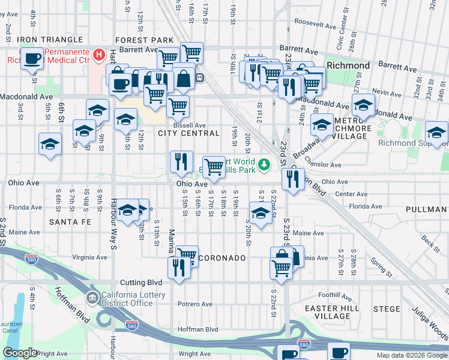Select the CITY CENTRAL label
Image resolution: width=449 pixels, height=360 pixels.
click(188, 133)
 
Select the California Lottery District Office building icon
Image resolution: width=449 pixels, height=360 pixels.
click(91, 298)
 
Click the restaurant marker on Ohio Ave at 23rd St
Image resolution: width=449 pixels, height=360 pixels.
click(292, 179)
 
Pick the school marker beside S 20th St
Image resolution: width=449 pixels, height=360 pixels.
click(260, 214)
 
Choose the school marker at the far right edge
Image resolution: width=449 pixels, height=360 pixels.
click(436, 132)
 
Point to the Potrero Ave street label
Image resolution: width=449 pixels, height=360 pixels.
click(195, 304)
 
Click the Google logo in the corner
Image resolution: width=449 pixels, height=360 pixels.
click(20, 353)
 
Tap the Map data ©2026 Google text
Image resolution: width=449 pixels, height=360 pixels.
click(411, 355)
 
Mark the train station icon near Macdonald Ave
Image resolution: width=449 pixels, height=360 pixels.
click(200, 77)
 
